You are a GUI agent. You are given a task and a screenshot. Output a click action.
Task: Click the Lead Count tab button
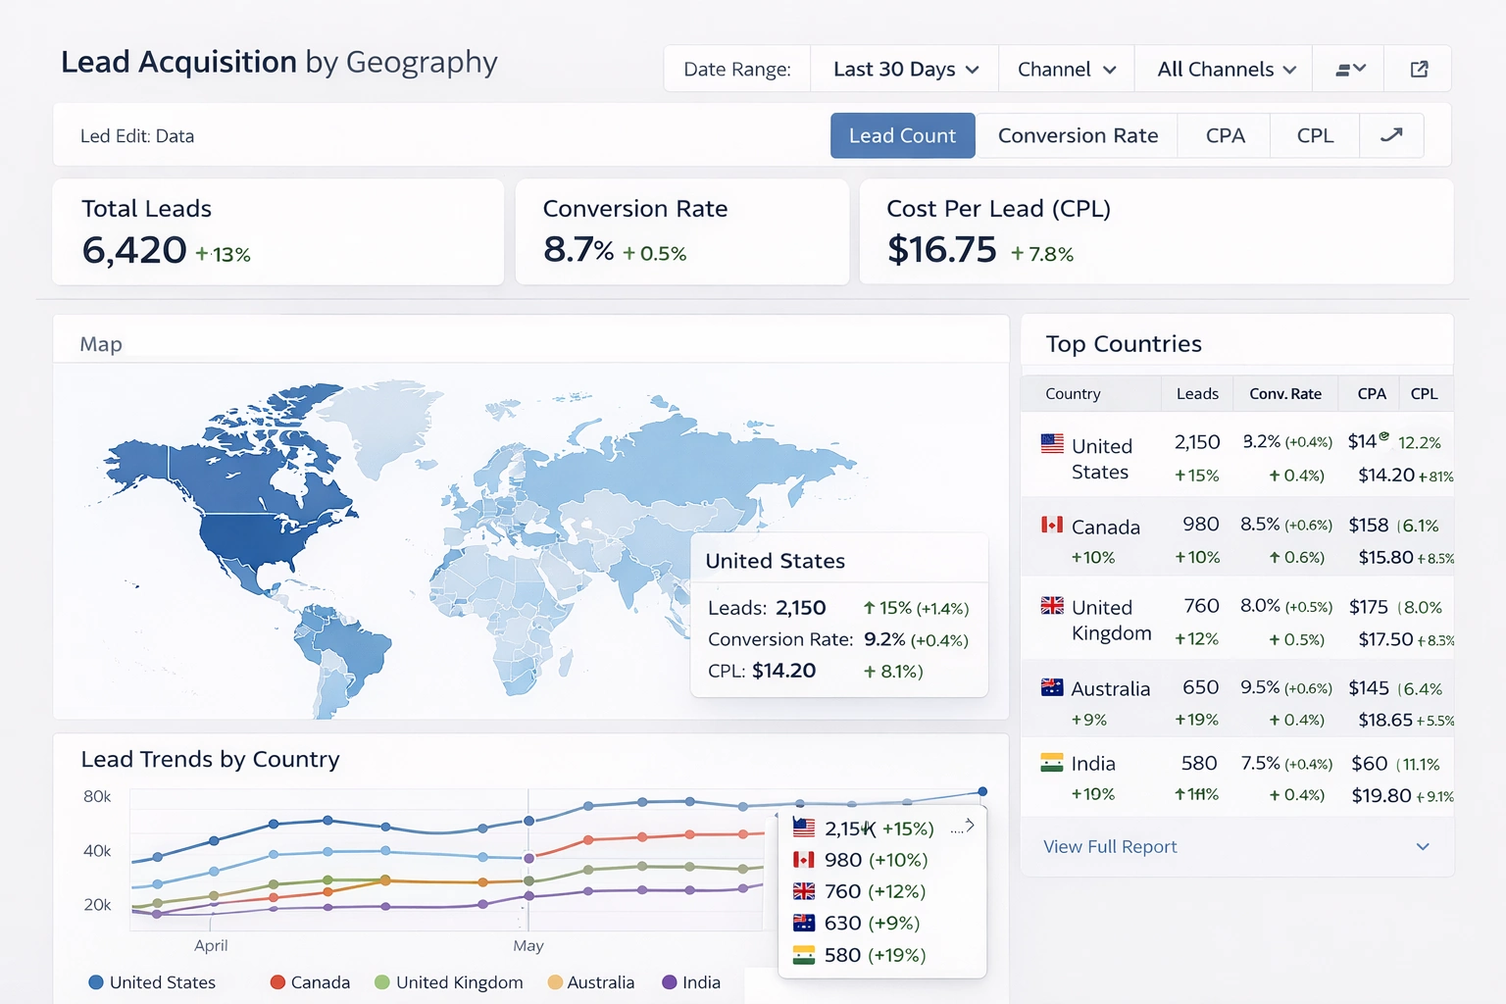tap(902, 135)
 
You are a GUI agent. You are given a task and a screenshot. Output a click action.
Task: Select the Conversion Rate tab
tap(1078, 135)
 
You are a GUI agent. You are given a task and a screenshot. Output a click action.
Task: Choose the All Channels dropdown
tap(1226, 70)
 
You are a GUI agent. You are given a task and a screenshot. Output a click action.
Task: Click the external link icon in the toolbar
tap(1419, 70)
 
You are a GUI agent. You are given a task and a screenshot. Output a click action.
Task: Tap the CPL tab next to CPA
tap(1315, 135)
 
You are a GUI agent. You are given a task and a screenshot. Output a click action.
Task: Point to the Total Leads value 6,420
tap(134, 250)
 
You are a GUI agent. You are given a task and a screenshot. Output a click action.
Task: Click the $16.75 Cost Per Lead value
tap(941, 250)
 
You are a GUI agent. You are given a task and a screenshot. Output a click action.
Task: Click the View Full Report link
tap(1110, 846)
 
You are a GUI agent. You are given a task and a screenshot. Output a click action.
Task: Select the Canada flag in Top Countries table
tap(1052, 526)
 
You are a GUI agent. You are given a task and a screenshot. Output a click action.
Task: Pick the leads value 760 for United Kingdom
tap(1201, 606)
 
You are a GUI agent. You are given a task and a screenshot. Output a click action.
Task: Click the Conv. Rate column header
tap(1284, 394)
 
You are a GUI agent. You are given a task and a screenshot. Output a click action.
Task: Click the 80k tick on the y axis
tap(97, 796)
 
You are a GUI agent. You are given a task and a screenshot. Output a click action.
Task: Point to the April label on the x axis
tap(211, 945)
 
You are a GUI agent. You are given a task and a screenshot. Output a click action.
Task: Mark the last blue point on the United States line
tap(982, 791)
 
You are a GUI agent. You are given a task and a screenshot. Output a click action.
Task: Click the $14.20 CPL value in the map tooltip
tap(783, 671)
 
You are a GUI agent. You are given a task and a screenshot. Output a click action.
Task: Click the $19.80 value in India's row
tap(1380, 795)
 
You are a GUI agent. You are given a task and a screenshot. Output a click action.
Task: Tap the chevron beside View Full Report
tap(1423, 846)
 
